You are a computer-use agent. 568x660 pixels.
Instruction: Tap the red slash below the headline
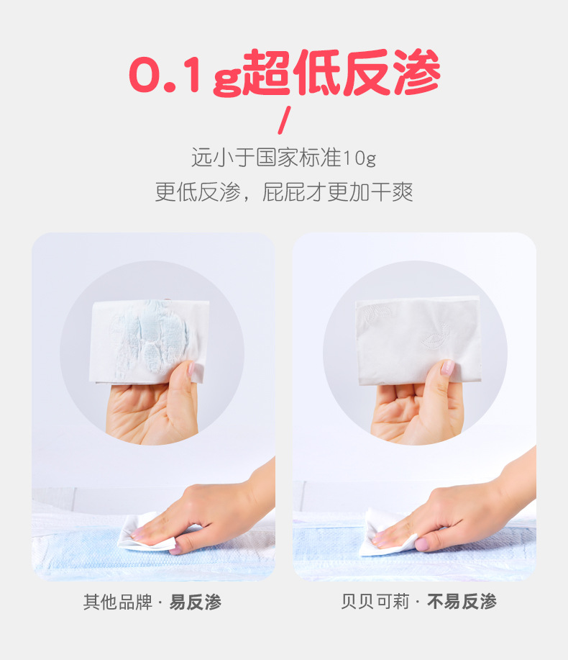click(x=284, y=119)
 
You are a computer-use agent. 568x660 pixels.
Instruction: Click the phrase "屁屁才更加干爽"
click(x=338, y=192)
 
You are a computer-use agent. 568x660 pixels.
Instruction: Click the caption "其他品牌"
click(x=116, y=602)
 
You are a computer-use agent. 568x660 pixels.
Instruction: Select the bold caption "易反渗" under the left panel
click(x=195, y=602)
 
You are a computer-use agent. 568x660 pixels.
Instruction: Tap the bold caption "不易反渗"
click(x=462, y=602)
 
